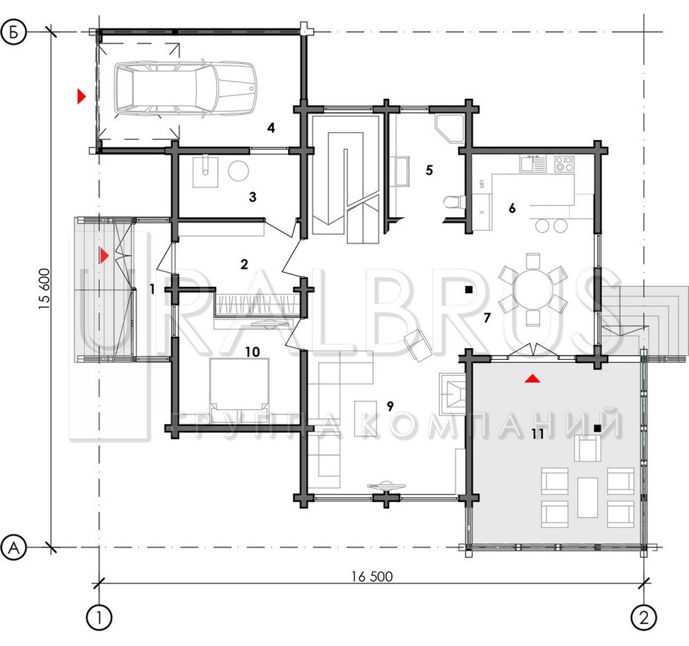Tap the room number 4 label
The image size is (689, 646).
click(271, 128)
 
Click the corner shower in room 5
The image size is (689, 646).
click(449, 128)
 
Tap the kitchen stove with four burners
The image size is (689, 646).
click(564, 164)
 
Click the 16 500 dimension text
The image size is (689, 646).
click(372, 576)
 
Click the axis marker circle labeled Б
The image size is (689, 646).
click(14, 32)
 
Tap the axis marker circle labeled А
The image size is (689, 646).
click(14, 548)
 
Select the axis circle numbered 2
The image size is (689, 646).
click(644, 618)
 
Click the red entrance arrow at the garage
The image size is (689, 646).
click(81, 96)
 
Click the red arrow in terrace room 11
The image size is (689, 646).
click(532, 379)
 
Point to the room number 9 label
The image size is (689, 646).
click(390, 407)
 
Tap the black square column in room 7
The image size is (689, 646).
click(469, 290)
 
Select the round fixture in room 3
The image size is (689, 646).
click(239, 170)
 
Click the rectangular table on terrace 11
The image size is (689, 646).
click(587, 497)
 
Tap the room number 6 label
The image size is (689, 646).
click(512, 208)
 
